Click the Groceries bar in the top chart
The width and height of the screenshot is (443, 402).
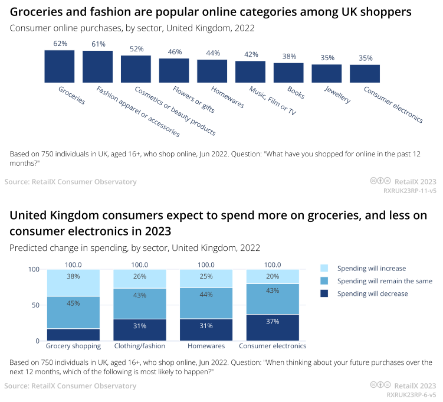60,66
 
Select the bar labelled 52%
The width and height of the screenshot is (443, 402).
136,68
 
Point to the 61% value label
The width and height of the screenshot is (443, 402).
99,44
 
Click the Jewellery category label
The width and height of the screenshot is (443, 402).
337,94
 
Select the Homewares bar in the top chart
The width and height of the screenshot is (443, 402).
212,71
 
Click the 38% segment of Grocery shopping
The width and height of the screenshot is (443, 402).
73,283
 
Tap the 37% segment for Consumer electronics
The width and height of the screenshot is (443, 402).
273,328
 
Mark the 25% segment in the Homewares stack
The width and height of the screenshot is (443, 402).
206,279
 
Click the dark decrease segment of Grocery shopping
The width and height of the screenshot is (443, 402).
73,335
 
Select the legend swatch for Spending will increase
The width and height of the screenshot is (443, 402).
324,269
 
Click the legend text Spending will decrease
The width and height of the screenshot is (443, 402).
372,293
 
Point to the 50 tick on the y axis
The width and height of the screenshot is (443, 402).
34,305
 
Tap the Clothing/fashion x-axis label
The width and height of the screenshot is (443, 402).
140,346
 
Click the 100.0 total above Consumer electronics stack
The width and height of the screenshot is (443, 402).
273,265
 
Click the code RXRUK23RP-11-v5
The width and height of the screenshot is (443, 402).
410,191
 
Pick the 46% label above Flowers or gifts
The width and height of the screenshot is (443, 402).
175,52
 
